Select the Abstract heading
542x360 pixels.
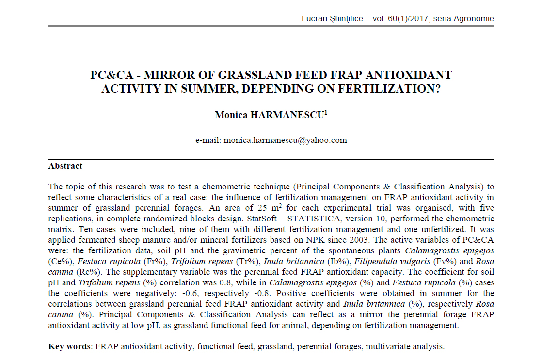coord(65,166)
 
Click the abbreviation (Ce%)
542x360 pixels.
coord(59,261)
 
